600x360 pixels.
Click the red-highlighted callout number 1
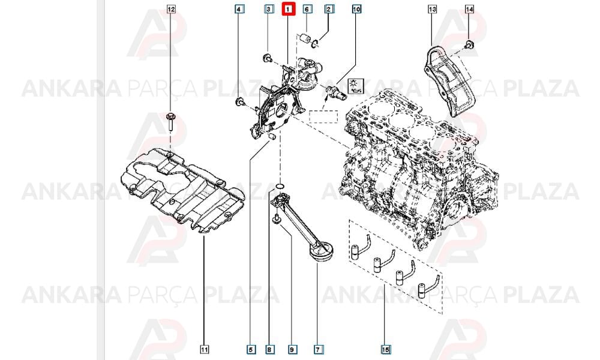(x=289, y=9)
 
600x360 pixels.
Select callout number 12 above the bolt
(x=172, y=9)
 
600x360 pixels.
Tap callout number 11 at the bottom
(x=205, y=349)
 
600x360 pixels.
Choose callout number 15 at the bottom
(x=386, y=349)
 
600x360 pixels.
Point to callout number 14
(x=470, y=9)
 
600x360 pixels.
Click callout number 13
(x=433, y=9)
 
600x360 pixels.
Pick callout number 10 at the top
(x=356, y=9)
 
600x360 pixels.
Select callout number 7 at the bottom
(x=317, y=349)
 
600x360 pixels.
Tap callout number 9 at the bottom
(x=292, y=349)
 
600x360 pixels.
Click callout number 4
(x=239, y=9)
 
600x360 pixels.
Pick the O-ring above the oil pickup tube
(x=280, y=187)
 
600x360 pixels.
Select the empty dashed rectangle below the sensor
(x=323, y=116)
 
